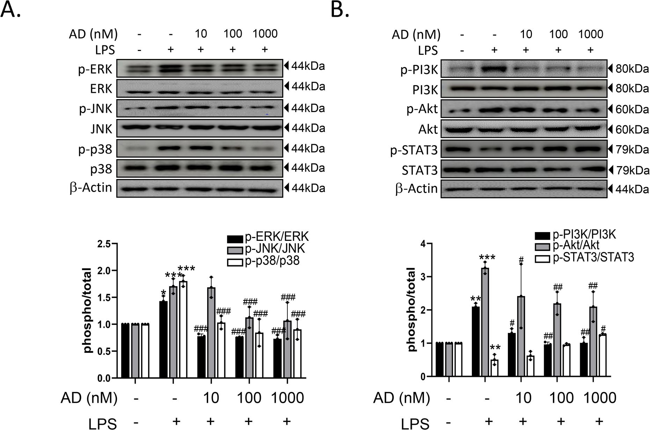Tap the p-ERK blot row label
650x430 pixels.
point(95,69)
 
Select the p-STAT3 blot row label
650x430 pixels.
point(414,150)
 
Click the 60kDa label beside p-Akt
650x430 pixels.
point(632,110)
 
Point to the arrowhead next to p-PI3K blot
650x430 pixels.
point(610,69)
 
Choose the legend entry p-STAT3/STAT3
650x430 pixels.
point(593,258)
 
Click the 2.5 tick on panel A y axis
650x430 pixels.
point(104,244)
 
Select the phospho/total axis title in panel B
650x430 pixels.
point(412,309)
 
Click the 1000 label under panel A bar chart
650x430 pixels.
point(287,398)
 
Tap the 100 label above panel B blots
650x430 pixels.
point(558,34)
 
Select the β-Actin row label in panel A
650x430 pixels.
point(91,188)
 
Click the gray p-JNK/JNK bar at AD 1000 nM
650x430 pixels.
point(287,349)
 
